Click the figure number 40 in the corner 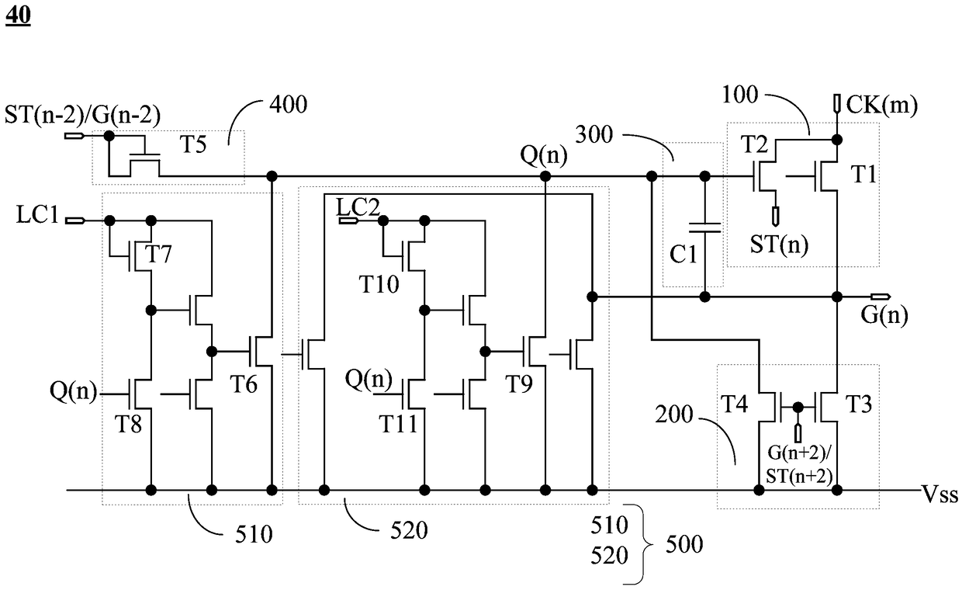coord(18,16)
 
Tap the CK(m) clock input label coord(881,105)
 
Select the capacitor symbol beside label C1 coord(704,227)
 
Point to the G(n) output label coord(884,316)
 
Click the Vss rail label coord(940,495)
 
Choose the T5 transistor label coord(193,144)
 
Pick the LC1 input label coord(37,214)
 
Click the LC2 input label coord(358,207)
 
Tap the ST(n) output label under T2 coord(779,245)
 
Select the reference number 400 coord(288,105)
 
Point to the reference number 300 coord(594,134)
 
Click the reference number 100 coord(740,95)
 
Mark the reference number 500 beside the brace coord(684,544)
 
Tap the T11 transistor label coord(398,424)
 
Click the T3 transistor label coord(859,404)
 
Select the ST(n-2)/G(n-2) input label coord(82,115)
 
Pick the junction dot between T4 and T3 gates coord(798,407)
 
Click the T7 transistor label coord(158,254)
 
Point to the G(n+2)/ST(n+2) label coord(799,464)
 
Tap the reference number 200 coord(674,415)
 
